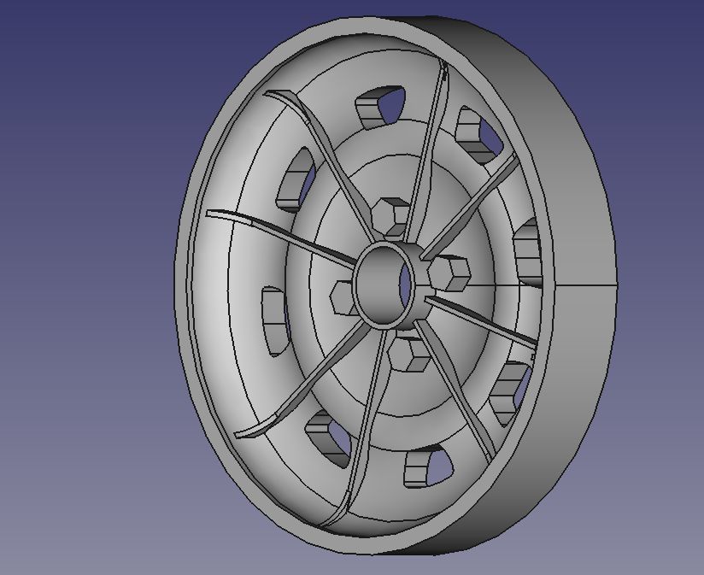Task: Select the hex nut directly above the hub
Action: point(393,215)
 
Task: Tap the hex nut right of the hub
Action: point(449,273)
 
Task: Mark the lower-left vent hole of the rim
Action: point(326,434)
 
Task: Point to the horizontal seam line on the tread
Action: point(585,284)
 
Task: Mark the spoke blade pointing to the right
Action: point(487,320)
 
